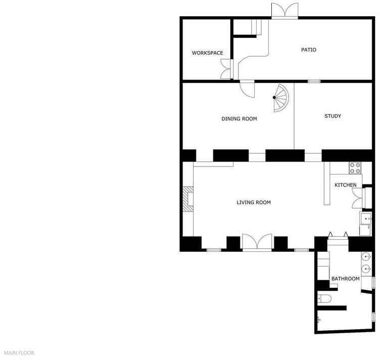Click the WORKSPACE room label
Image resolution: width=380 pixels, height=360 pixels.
point(208,53)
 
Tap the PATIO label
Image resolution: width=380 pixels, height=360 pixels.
point(309,50)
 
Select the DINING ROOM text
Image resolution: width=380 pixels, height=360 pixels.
point(239,118)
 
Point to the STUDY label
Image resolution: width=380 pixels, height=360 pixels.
point(332,116)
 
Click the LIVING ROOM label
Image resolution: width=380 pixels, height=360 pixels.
point(254,202)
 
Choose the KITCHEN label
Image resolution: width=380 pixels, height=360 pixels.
point(345,185)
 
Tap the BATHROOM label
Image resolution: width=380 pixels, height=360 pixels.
point(345,279)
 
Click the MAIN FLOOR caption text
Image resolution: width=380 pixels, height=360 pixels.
point(19,353)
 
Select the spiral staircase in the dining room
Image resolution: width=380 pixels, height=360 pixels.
point(281,98)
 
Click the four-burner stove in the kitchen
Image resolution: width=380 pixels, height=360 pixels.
point(355,168)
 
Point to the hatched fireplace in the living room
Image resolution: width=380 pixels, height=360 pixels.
point(188,199)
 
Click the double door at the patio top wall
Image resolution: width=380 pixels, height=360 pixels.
point(284,11)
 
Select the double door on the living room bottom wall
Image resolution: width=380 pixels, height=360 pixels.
point(257,242)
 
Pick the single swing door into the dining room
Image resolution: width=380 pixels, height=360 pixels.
point(247,88)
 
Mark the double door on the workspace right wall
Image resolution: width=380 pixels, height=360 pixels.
point(226,69)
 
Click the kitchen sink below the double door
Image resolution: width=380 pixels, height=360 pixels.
point(365,218)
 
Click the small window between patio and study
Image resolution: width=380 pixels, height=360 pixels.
point(314,81)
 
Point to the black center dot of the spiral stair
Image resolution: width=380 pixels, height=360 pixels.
point(274,98)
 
